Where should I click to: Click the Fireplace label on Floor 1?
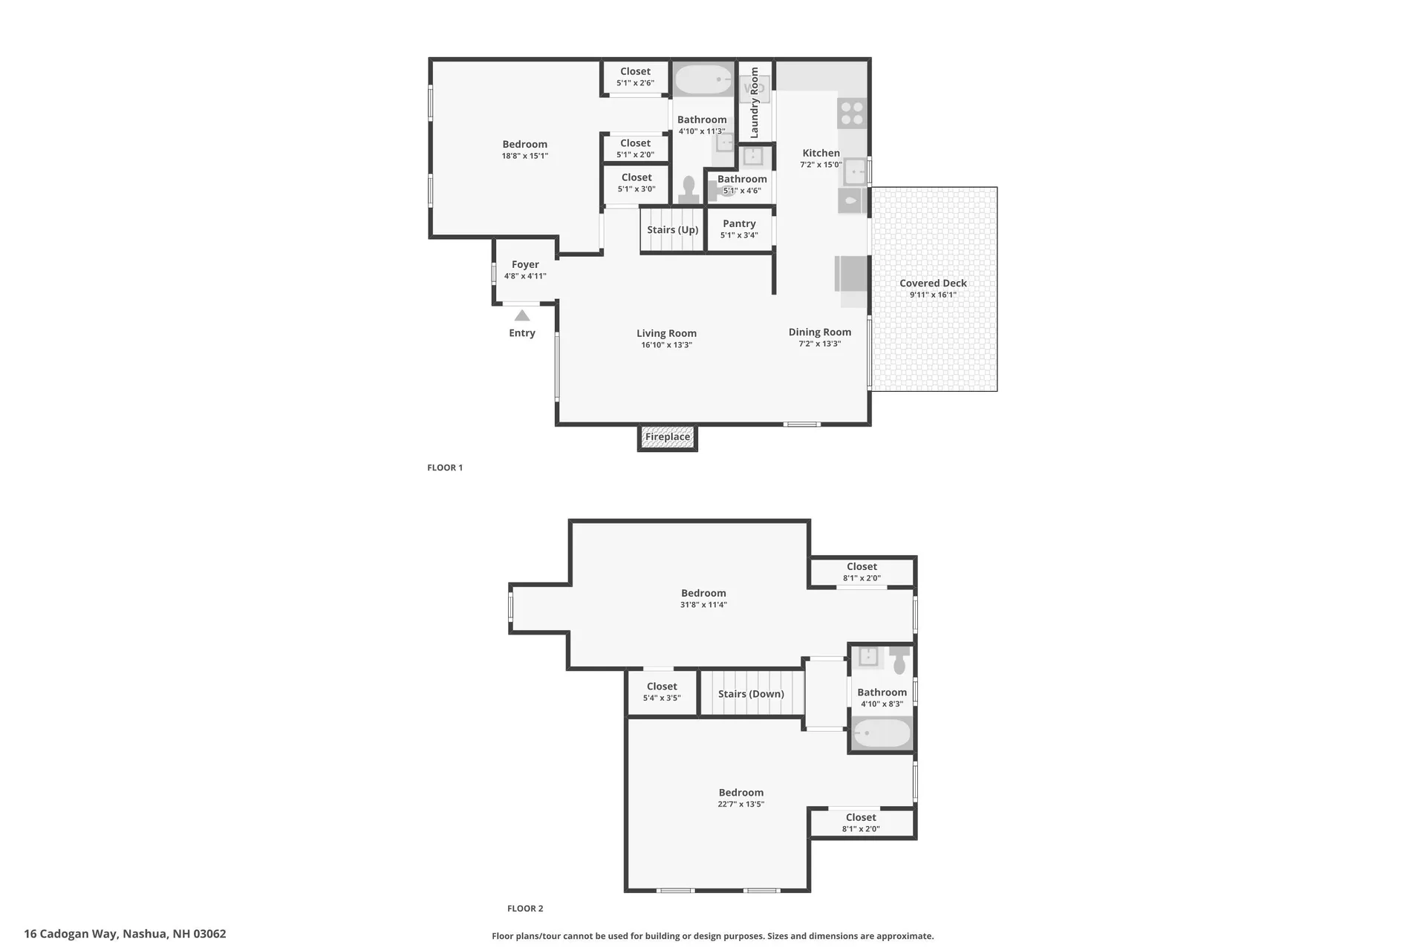[667, 437]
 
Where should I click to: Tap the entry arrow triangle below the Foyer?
[522, 315]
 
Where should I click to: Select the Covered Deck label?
[933, 283]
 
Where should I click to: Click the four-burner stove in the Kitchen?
[852, 113]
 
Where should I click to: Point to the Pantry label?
[739, 223]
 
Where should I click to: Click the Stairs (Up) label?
[672, 230]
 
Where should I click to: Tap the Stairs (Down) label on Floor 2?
[751, 694]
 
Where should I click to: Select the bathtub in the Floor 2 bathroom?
[882, 734]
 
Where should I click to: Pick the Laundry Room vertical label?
[755, 102]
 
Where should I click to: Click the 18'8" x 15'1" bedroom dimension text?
[524, 157]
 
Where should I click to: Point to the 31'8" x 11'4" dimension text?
[703, 605]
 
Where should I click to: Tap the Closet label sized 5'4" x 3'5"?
[662, 687]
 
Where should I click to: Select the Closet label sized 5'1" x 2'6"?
[635, 72]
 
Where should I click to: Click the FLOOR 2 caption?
[525, 908]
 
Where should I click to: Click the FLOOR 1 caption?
[445, 468]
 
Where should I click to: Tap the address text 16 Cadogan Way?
[125, 934]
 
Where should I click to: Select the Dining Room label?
[820, 332]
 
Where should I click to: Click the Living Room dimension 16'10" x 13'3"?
[666, 345]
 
